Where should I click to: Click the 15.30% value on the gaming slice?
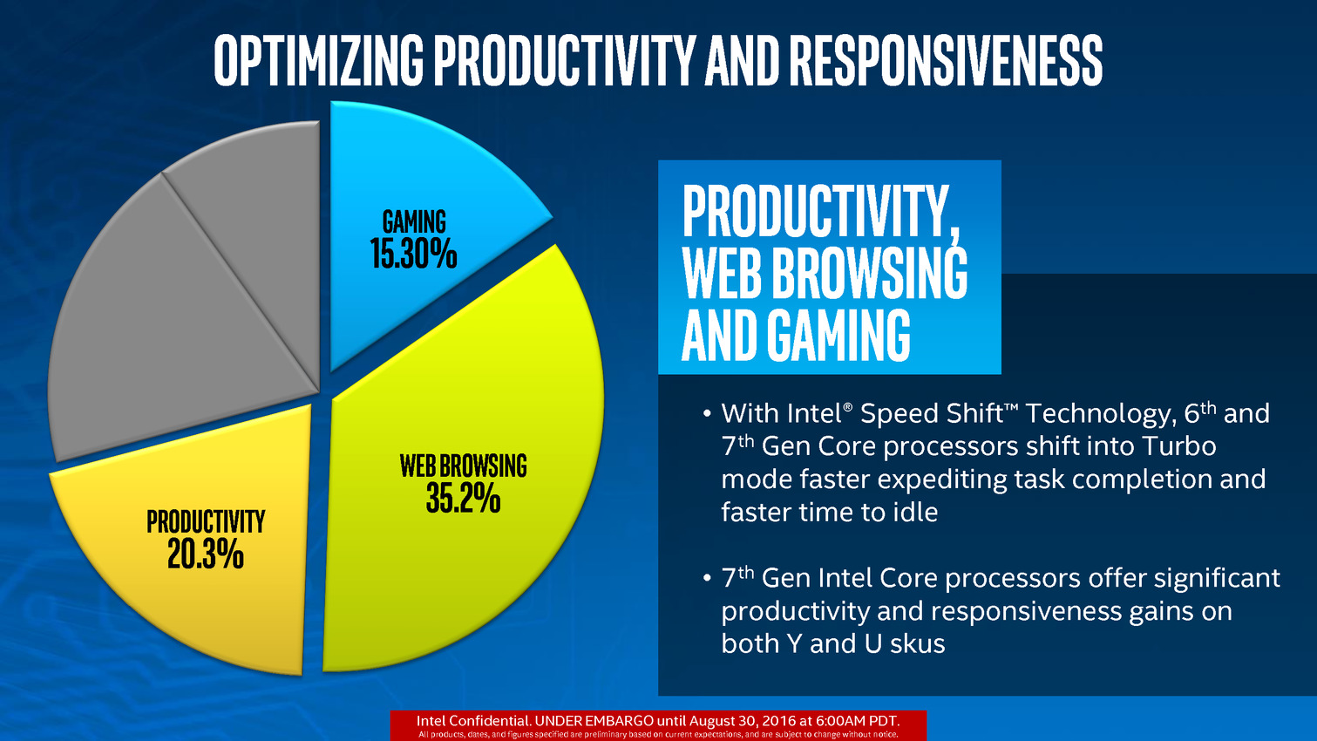[x=413, y=255]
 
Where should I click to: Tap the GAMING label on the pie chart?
[x=414, y=222]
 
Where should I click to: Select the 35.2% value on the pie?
[x=463, y=499]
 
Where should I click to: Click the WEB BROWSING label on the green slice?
[x=463, y=466]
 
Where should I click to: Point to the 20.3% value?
[x=205, y=554]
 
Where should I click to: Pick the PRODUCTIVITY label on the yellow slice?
[x=206, y=521]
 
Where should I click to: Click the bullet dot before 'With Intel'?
[x=708, y=414]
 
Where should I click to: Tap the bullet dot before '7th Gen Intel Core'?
[x=708, y=579]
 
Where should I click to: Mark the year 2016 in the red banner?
[x=779, y=721]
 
